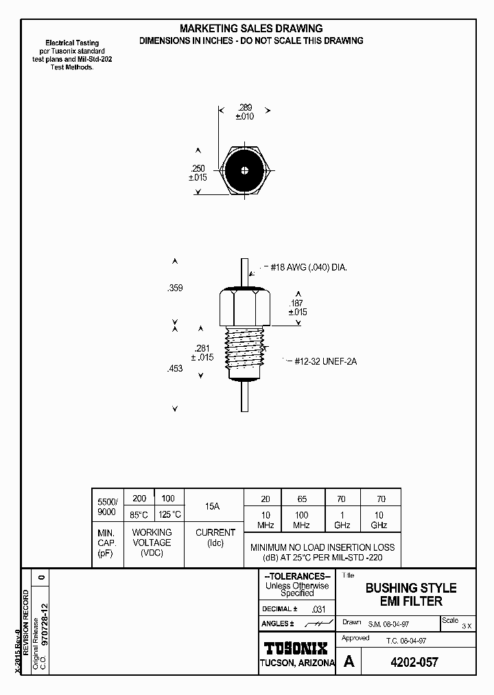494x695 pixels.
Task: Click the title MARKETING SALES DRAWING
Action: (x=250, y=28)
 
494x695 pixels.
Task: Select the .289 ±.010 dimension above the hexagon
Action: (x=245, y=112)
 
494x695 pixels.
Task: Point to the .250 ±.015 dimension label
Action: (x=198, y=172)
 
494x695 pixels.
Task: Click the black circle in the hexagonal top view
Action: (x=245, y=171)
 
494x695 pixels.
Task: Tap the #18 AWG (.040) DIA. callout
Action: (x=308, y=268)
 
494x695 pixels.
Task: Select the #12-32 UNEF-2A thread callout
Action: (x=326, y=361)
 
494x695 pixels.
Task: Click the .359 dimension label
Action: (x=175, y=289)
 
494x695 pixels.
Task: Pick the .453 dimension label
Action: (x=175, y=369)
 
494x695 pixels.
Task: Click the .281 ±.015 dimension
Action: (x=202, y=352)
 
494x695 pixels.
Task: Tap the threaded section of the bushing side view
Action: (x=246, y=350)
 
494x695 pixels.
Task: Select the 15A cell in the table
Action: (x=213, y=507)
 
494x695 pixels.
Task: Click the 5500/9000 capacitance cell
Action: (x=107, y=507)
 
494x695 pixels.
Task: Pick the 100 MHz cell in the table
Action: (x=302, y=520)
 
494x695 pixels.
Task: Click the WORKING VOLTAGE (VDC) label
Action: (x=152, y=543)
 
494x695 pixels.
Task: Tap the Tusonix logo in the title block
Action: (x=296, y=648)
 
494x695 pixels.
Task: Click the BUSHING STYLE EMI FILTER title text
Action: (x=410, y=595)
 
